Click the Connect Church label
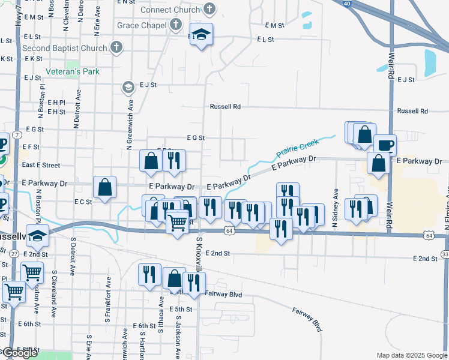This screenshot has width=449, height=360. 170,10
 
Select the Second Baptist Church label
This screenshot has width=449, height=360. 65,47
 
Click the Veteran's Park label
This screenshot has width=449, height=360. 73,71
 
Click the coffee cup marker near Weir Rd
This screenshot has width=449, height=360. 385,145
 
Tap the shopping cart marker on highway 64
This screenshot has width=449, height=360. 177,223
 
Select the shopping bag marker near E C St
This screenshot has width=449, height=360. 105,187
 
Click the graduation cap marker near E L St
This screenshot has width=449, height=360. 202,35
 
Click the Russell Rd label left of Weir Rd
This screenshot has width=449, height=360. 225,107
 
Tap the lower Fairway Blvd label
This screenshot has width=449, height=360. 308,320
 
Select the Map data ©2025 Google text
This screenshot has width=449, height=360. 412,355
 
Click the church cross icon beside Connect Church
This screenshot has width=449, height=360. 209,9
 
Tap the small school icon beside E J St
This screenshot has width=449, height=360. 127,88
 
